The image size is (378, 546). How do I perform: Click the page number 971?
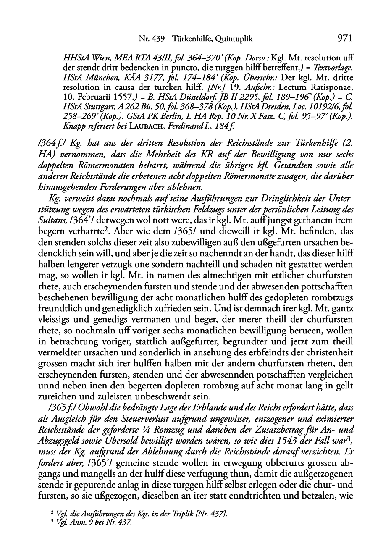click(344, 39)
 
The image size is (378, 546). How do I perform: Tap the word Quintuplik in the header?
click(234, 39)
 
